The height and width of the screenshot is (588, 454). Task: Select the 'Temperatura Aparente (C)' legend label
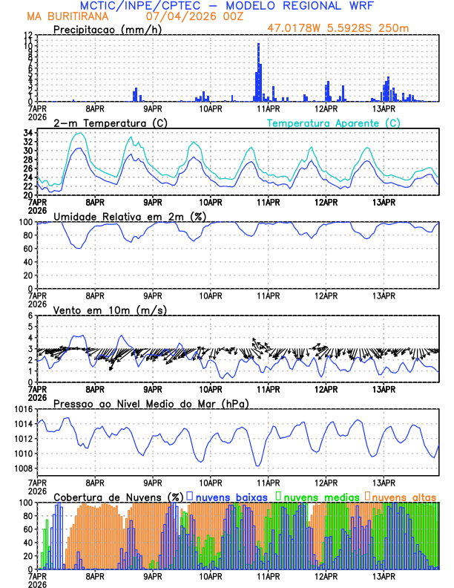click(333, 122)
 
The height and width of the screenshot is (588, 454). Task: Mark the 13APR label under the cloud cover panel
click(384, 576)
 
